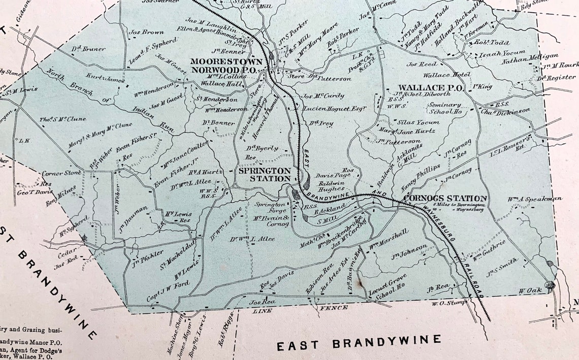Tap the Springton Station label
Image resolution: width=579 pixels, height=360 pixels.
(x=265, y=174)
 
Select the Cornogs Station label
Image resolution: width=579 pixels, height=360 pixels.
(x=445, y=198)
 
